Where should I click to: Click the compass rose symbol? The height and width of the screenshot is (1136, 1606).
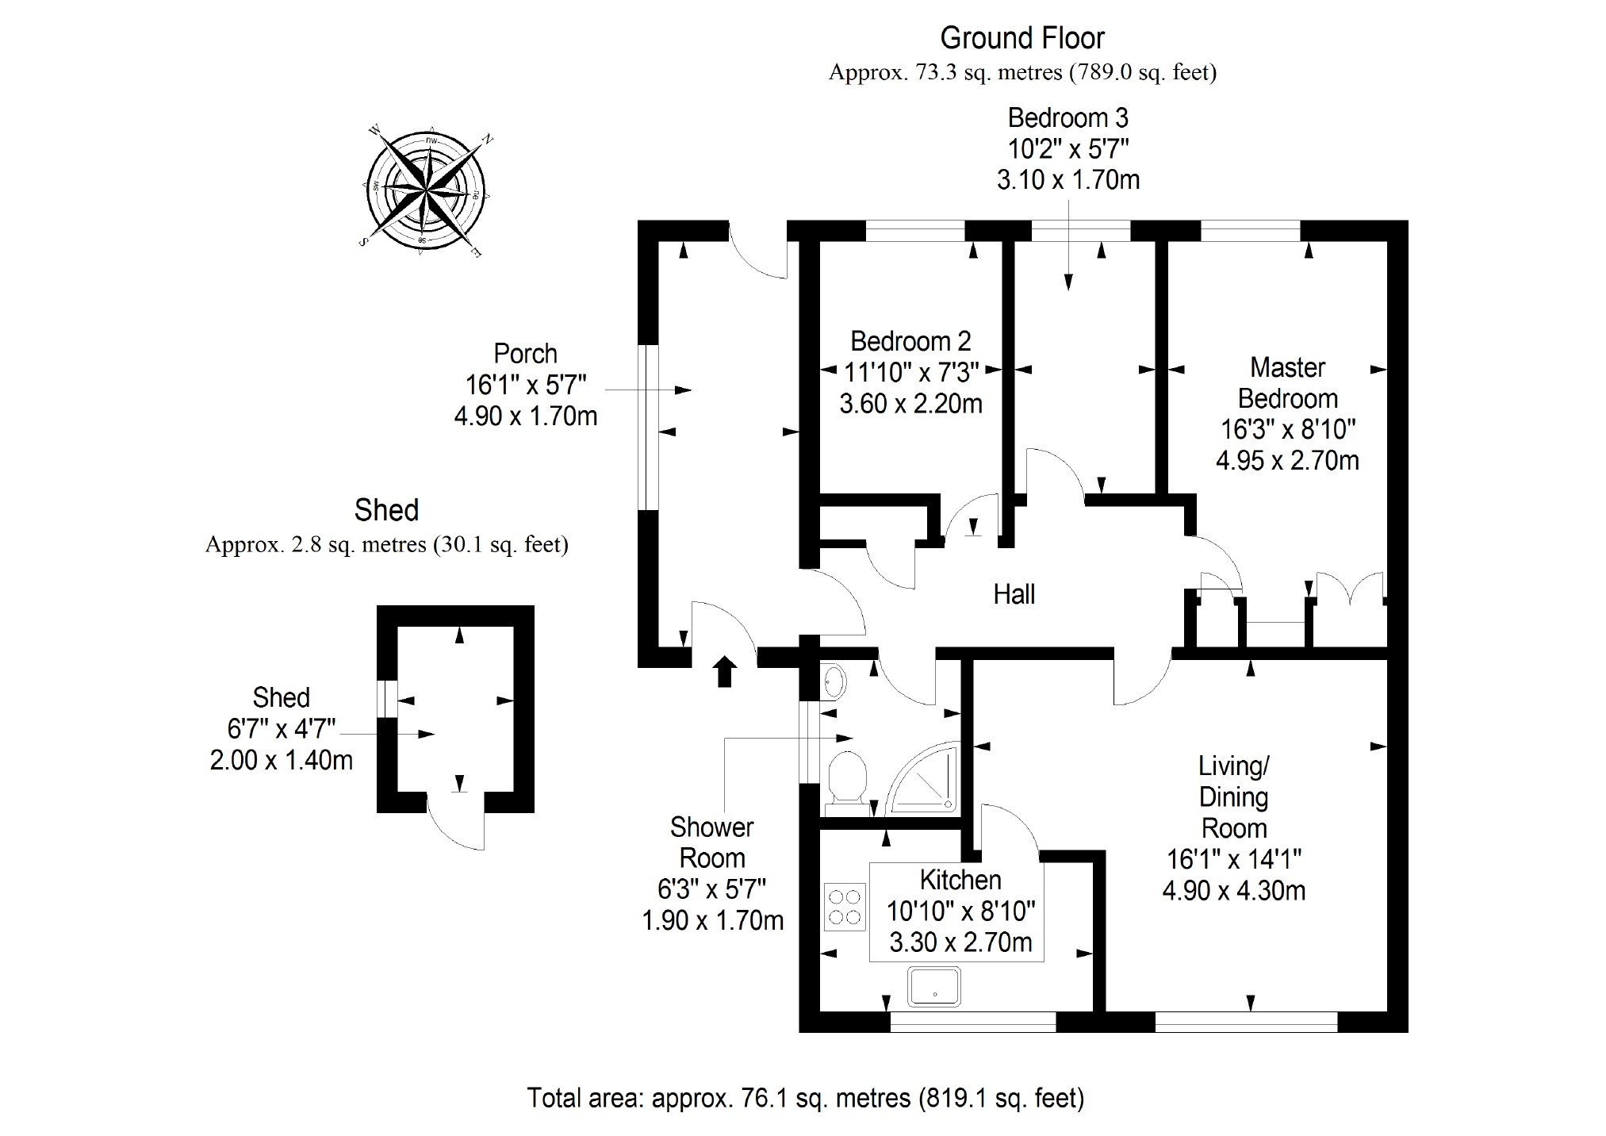[426, 190]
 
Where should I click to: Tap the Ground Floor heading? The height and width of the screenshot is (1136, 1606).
[1021, 38]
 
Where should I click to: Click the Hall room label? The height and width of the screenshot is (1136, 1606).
[1014, 594]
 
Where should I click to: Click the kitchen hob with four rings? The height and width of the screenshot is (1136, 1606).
[844, 907]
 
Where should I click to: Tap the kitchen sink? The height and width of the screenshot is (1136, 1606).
[934, 986]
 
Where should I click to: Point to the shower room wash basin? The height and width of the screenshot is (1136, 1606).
[834, 681]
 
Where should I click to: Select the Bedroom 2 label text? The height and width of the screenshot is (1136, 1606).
[910, 341]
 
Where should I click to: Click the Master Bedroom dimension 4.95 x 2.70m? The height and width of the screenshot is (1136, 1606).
[1287, 460]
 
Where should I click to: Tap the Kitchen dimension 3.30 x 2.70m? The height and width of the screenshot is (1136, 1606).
[960, 942]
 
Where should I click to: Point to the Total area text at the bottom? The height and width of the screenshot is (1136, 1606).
[805, 1098]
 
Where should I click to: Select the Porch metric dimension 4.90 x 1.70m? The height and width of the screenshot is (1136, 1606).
[525, 416]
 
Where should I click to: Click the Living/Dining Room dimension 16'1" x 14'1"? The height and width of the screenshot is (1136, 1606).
[1233, 859]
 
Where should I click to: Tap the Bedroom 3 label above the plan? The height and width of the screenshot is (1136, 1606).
[1067, 118]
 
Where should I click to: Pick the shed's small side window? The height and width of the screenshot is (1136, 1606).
[386, 699]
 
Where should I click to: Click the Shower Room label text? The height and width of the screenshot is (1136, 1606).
[711, 842]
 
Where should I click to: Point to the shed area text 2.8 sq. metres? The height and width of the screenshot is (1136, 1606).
[387, 545]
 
